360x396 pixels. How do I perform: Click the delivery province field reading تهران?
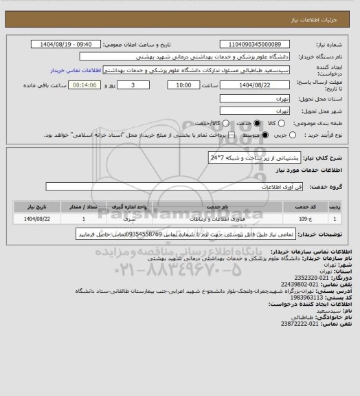pyautogui.click(x=256, y=99)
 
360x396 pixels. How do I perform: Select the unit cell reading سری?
pyautogui.click(x=131, y=219)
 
